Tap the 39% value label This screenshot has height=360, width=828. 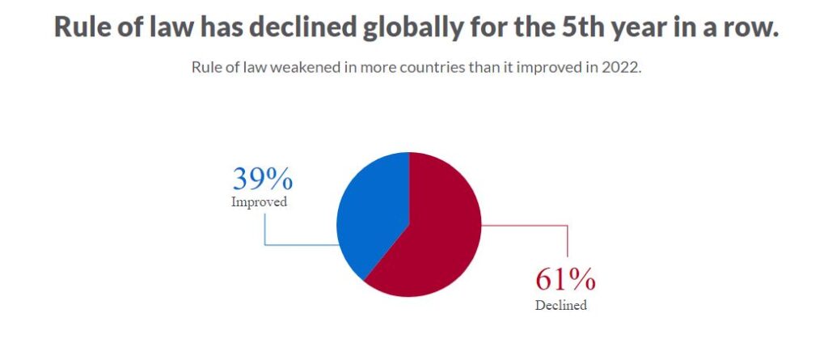coord(262,179)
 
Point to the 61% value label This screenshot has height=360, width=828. coord(565,280)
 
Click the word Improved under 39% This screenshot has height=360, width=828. coord(259,202)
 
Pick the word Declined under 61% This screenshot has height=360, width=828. coord(560,306)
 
